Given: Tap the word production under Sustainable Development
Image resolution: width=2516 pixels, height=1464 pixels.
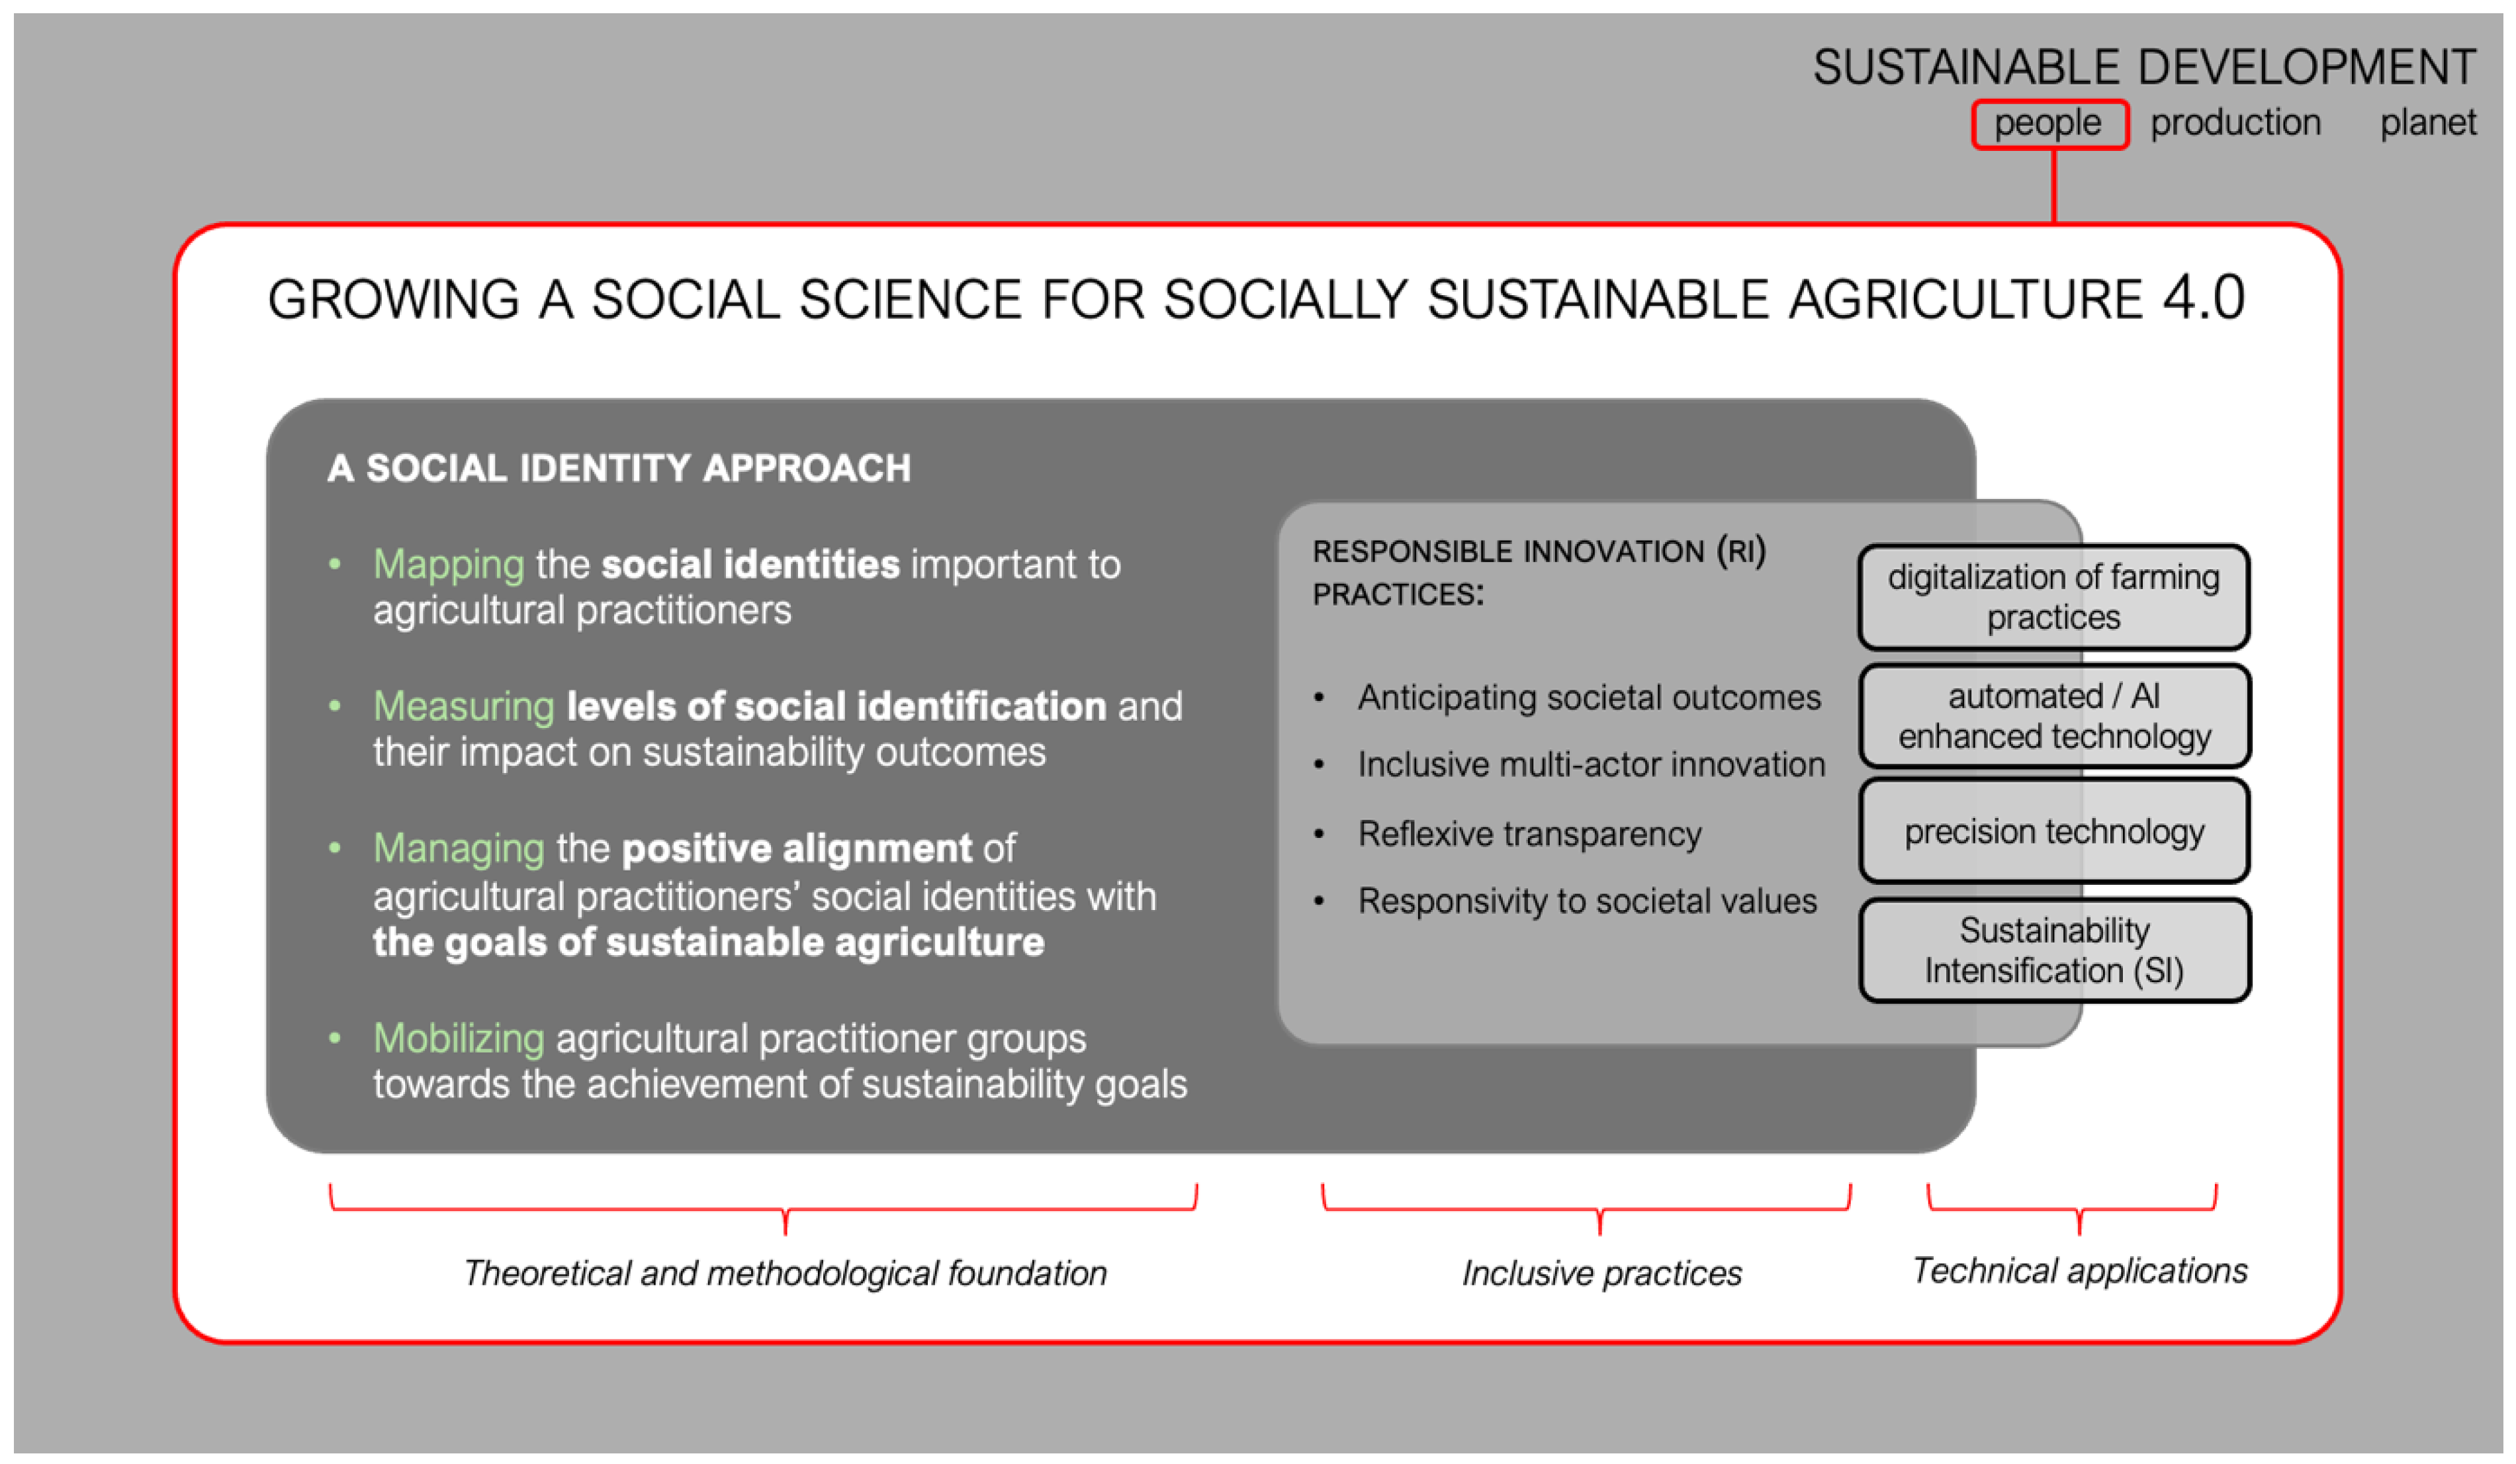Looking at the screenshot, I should coord(2235,123).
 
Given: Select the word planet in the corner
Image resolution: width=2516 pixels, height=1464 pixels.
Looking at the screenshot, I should coord(2427,123).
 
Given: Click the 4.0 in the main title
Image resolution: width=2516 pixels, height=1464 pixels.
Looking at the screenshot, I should coord(2204,298).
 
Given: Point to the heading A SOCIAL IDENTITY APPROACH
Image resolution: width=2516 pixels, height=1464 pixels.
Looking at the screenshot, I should coord(619,469).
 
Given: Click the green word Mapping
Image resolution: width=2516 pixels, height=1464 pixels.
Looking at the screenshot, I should coord(448,565).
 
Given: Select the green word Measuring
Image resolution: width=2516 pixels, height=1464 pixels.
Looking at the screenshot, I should coord(463,706).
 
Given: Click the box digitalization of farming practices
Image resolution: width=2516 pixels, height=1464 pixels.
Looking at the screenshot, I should coord(2053,597).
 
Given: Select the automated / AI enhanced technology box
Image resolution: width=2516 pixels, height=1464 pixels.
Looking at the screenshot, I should coord(2053,716).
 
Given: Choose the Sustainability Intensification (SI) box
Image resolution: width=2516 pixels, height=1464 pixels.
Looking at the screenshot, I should coord(2053,950).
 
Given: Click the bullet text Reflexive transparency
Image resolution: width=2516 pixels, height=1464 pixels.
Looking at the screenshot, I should coord(1529,834).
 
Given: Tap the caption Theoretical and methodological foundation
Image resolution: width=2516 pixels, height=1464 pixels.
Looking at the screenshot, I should coord(785,1273).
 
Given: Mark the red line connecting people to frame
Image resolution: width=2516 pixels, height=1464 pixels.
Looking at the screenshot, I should coord(2053,186).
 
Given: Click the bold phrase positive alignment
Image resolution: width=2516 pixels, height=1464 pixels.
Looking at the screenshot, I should coord(795,849).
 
